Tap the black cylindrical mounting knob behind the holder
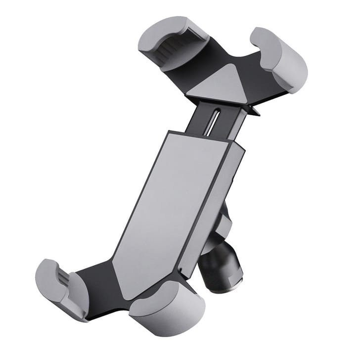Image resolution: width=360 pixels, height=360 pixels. pyautogui.click(x=220, y=270)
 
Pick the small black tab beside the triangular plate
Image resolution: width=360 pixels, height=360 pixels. pyautogui.click(x=254, y=110)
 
